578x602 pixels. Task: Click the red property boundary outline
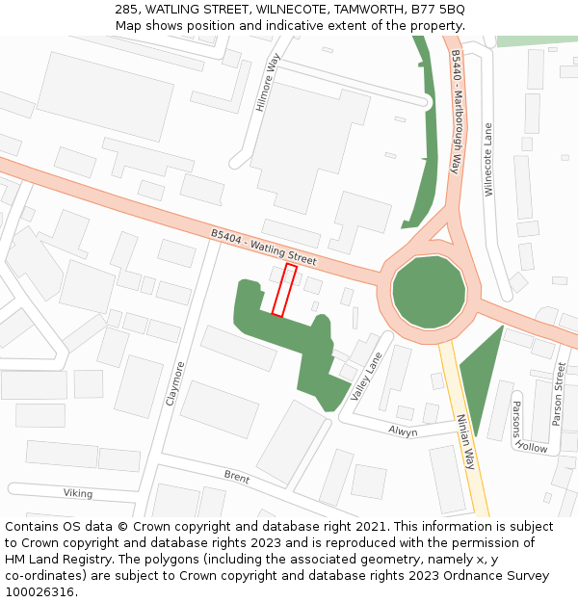coord(284,290)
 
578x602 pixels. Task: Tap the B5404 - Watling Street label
coord(263,247)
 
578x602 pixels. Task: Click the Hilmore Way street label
coord(266,83)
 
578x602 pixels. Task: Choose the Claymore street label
coord(174,382)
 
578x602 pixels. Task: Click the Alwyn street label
coord(403,432)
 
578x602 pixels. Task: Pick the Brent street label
coord(237,477)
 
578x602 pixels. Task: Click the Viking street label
coord(78,493)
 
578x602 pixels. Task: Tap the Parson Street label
coord(559,394)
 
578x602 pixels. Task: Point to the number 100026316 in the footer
coord(39,591)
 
